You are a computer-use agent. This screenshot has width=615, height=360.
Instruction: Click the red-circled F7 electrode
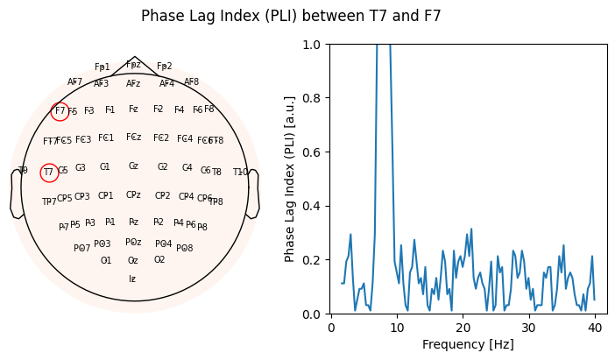(x=60, y=111)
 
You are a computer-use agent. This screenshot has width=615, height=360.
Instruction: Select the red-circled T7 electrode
(x=49, y=173)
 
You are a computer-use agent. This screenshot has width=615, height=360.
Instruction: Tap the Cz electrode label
(x=133, y=166)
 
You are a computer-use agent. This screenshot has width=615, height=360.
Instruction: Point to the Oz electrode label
(x=133, y=260)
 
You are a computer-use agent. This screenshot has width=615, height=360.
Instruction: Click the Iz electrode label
(x=132, y=279)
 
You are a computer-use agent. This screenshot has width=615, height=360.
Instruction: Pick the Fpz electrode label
(x=133, y=65)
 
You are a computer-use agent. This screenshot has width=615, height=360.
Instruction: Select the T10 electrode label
(x=240, y=173)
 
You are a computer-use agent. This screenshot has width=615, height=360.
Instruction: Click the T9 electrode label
(x=23, y=171)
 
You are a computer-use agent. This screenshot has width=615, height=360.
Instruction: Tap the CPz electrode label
(x=133, y=195)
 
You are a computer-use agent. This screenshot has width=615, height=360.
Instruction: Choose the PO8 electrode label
(x=185, y=249)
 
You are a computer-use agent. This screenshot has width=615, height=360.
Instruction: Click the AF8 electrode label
(x=192, y=82)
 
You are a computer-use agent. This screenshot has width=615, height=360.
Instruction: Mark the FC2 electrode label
(x=161, y=138)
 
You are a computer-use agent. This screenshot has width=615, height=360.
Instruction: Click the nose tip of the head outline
(x=135, y=57)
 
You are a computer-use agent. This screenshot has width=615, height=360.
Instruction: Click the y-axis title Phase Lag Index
(x=291, y=179)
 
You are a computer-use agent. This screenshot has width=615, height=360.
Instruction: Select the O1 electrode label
(x=106, y=260)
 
